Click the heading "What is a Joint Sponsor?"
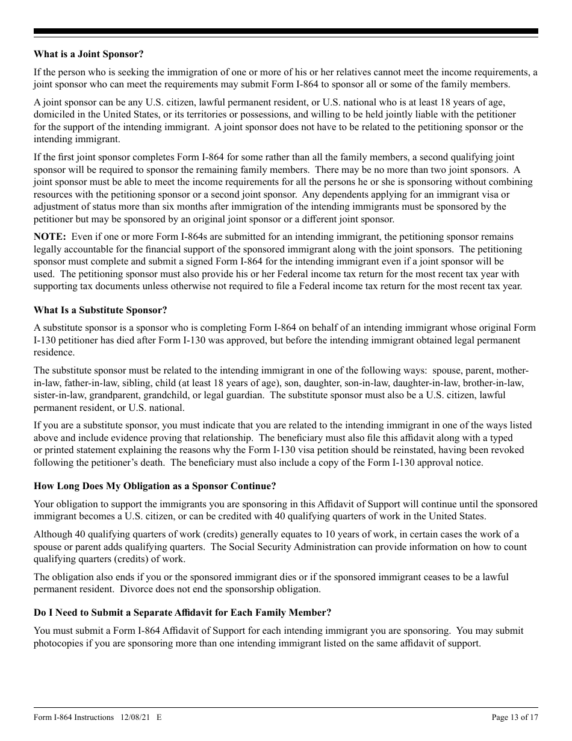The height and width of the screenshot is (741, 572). [x=89, y=54]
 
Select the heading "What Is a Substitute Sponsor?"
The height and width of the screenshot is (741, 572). [x=100, y=310]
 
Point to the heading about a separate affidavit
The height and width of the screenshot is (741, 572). [x=182, y=613]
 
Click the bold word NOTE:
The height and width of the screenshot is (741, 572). [x=49, y=237]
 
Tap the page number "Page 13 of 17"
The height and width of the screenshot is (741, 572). [x=515, y=717]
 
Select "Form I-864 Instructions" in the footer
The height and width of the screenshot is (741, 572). [x=73, y=717]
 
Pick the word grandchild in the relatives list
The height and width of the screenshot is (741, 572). [x=179, y=395]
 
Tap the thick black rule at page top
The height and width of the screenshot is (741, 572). [x=286, y=31]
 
